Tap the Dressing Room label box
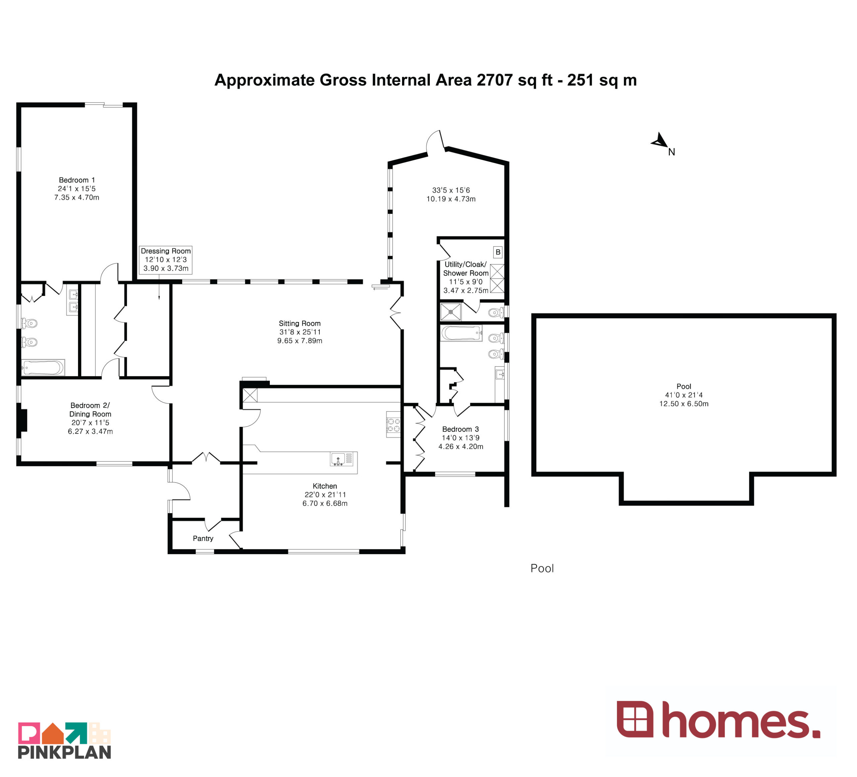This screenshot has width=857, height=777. [166, 260]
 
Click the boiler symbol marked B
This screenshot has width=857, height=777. [498, 252]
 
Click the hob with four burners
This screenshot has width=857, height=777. [393, 424]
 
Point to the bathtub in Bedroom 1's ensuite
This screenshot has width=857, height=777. [43, 368]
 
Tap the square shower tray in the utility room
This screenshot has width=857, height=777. [451, 312]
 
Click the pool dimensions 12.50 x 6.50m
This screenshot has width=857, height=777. [684, 404]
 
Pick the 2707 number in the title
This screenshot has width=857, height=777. [495, 80]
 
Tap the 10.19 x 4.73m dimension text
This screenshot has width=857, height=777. [451, 199]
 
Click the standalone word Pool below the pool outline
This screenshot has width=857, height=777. [542, 568]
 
